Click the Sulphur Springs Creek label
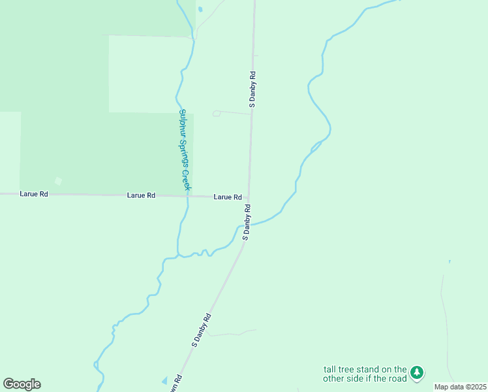point(184,150)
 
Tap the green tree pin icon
point(417,373)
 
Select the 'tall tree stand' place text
point(365,374)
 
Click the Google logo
point(22,384)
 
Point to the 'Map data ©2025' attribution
point(460,387)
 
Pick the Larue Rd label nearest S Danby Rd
point(228,197)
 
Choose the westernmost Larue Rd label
point(34,194)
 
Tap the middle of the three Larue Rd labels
point(141,195)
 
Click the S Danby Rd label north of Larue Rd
point(252,90)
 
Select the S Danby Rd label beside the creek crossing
point(247,222)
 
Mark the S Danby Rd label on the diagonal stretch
point(201,330)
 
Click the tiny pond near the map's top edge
point(200,10)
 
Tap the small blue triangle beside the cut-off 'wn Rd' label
point(164,380)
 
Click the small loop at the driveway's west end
point(217,114)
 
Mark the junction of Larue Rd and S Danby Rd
point(248,198)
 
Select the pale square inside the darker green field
point(58,181)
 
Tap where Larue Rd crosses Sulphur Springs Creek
point(188,195)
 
